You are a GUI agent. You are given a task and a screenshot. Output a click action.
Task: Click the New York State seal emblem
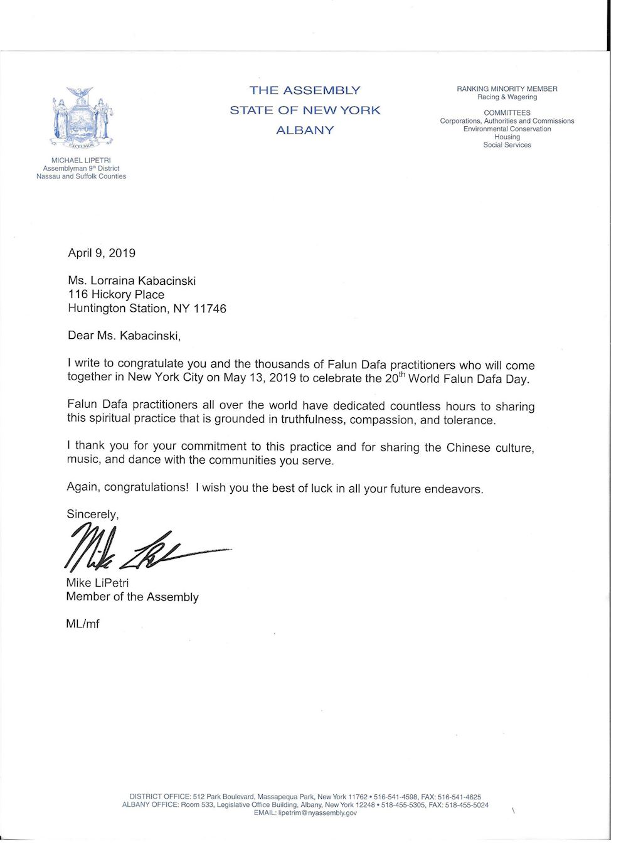tap(82, 118)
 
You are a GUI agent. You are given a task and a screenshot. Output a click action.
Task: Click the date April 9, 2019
tap(102, 253)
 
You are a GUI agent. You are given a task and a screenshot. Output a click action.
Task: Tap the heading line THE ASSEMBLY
tap(305, 90)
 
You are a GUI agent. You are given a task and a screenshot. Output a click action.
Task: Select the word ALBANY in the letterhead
tap(305, 131)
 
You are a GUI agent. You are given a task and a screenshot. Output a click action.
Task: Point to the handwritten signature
tap(144, 546)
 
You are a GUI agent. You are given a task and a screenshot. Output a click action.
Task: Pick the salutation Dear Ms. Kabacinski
tap(124, 336)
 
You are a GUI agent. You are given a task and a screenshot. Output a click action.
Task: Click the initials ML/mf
tap(83, 624)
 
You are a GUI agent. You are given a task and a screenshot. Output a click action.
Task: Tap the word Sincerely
tap(92, 514)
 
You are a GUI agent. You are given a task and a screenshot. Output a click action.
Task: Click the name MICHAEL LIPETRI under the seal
tap(81, 161)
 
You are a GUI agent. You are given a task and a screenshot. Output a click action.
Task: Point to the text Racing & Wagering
tap(507, 97)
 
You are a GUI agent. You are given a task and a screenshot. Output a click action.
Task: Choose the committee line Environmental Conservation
tap(507, 129)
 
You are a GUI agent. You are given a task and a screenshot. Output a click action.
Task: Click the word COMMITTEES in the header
tap(507, 113)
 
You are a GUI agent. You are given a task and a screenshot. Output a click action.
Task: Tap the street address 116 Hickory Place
tap(116, 295)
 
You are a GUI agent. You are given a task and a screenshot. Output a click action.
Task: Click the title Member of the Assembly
tap(132, 597)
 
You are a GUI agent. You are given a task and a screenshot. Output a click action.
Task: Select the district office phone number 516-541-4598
tap(395, 797)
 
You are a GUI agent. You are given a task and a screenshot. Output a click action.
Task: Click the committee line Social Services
tap(507, 145)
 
